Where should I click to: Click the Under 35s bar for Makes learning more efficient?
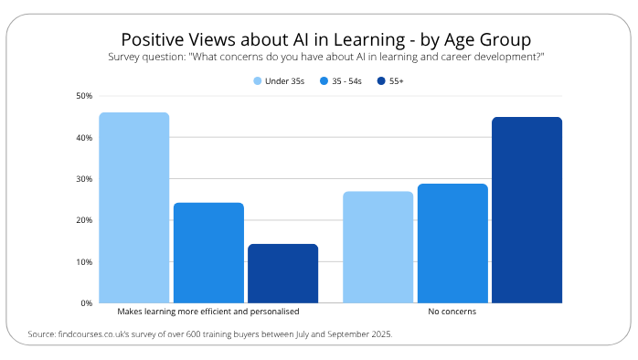click(134, 207)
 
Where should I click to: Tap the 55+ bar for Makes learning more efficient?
click(282, 273)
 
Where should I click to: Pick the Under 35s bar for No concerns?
click(377, 247)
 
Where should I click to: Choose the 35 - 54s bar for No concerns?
click(452, 243)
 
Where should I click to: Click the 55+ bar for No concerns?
click(526, 210)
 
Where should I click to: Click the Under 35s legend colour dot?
click(257, 81)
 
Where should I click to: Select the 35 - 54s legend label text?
click(346, 81)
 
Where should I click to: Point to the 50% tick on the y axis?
click(84, 96)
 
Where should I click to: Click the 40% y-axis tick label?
click(84, 138)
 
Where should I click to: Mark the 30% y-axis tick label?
click(84, 179)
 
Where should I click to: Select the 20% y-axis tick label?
click(84, 220)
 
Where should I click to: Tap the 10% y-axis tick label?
click(84, 262)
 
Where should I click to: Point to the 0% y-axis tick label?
click(86, 303)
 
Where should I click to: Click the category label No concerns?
click(452, 312)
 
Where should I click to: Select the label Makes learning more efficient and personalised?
click(208, 312)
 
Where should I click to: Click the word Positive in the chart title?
click(155, 40)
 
